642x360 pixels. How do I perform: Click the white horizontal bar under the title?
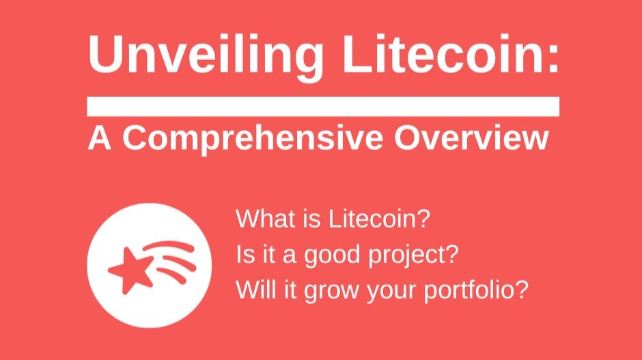coord(323,107)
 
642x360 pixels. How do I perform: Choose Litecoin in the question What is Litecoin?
coord(382,220)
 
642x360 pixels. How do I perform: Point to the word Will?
coord(255,290)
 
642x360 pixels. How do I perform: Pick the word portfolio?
coord(472,290)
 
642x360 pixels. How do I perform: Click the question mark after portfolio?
coord(522,290)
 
